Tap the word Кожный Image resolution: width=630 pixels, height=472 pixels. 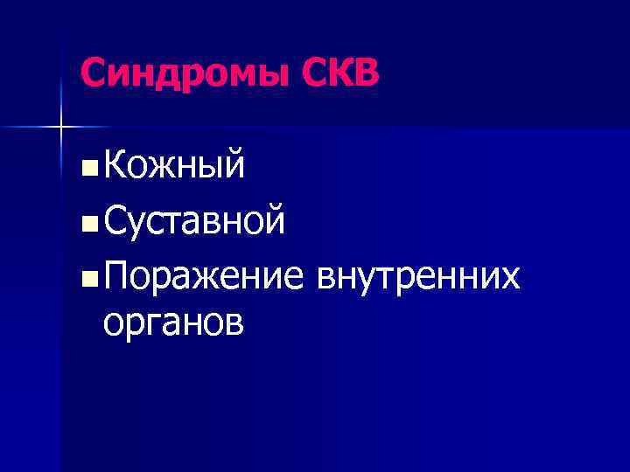pyautogui.click(x=173, y=164)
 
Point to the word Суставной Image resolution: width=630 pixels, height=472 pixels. pyautogui.click(x=192, y=221)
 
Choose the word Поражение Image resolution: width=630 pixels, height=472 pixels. pyautogui.click(x=204, y=278)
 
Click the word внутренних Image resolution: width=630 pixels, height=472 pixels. pyautogui.click(x=418, y=277)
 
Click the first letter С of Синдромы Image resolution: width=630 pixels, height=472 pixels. pyautogui.click(x=92, y=73)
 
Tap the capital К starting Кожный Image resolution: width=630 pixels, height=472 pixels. pyautogui.click(x=114, y=164)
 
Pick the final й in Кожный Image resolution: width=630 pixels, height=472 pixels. pyautogui.click(x=234, y=163)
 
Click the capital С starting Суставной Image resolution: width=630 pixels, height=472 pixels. pyautogui.click(x=115, y=221)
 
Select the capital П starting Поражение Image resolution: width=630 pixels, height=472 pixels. pyautogui.click(x=116, y=278)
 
